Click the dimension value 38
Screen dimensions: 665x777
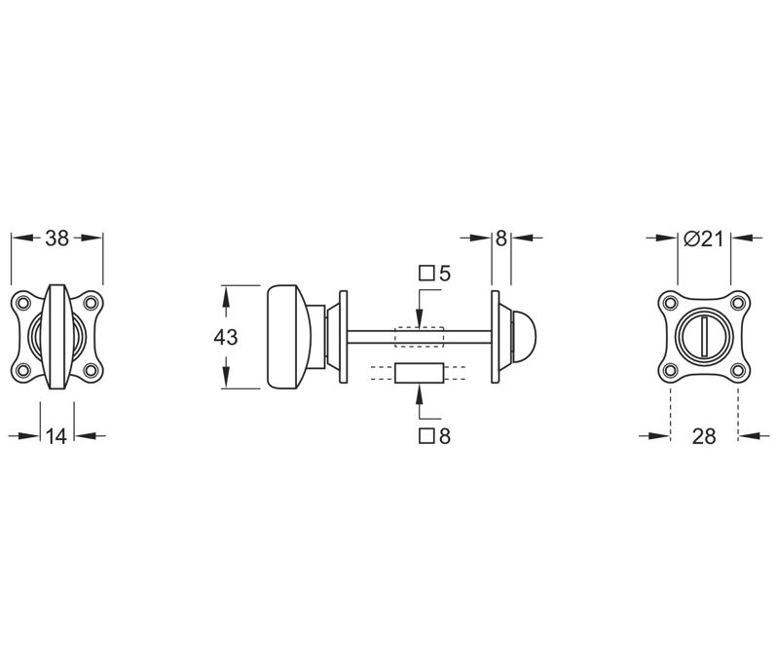(x=56, y=239)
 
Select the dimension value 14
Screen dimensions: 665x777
(x=56, y=436)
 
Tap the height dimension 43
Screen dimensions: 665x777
(x=225, y=337)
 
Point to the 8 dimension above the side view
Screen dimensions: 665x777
(x=500, y=239)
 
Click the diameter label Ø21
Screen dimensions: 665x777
(x=703, y=239)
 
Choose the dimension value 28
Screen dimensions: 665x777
(x=704, y=436)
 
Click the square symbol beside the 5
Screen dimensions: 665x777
(x=425, y=274)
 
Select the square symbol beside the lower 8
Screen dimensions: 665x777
(x=425, y=435)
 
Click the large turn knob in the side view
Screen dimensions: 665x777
(x=289, y=337)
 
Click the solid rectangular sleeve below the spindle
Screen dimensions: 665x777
(x=419, y=374)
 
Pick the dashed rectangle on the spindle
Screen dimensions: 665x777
(x=419, y=336)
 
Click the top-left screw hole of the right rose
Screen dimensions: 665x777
(x=670, y=303)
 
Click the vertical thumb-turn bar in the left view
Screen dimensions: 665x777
(x=56, y=336)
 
